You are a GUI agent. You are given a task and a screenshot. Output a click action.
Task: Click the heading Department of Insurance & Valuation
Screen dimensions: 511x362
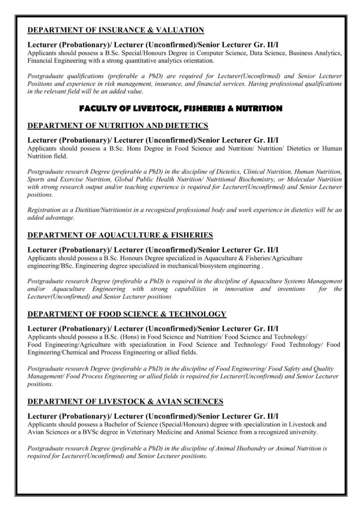(x=116, y=30)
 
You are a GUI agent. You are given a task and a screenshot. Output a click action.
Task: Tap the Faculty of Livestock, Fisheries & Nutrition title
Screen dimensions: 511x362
(x=181, y=108)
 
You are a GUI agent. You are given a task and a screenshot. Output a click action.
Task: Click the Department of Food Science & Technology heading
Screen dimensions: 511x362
(x=127, y=314)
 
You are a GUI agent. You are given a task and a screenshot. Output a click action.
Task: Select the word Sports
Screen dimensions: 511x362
(x=37, y=179)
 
